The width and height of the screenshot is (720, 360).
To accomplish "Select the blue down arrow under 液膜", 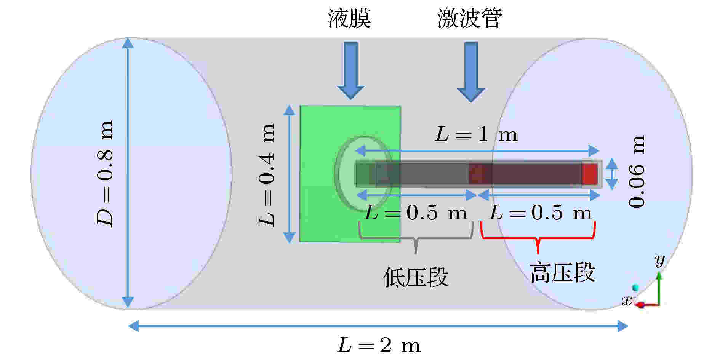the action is (351, 70).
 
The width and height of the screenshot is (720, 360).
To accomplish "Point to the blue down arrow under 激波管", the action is (471, 72).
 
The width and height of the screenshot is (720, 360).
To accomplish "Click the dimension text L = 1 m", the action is (476, 135).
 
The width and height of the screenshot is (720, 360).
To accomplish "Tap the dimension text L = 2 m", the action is (379, 346).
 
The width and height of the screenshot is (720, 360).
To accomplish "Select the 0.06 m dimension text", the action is (637, 171).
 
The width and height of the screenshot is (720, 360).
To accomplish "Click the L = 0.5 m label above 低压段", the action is (416, 213).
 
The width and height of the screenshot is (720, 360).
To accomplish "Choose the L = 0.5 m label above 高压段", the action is (541, 213).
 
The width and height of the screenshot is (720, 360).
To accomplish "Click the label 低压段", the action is (416, 277).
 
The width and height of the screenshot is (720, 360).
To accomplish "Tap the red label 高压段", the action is (562, 273).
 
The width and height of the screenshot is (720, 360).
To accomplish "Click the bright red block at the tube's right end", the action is (590, 174).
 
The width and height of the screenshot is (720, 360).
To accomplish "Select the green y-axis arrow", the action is (659, 287).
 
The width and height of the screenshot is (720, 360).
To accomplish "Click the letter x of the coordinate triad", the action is (627, 301).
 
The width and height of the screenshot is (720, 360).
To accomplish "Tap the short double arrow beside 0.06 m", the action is (611, 174).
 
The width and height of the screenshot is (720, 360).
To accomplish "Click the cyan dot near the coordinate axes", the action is (635, 287).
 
